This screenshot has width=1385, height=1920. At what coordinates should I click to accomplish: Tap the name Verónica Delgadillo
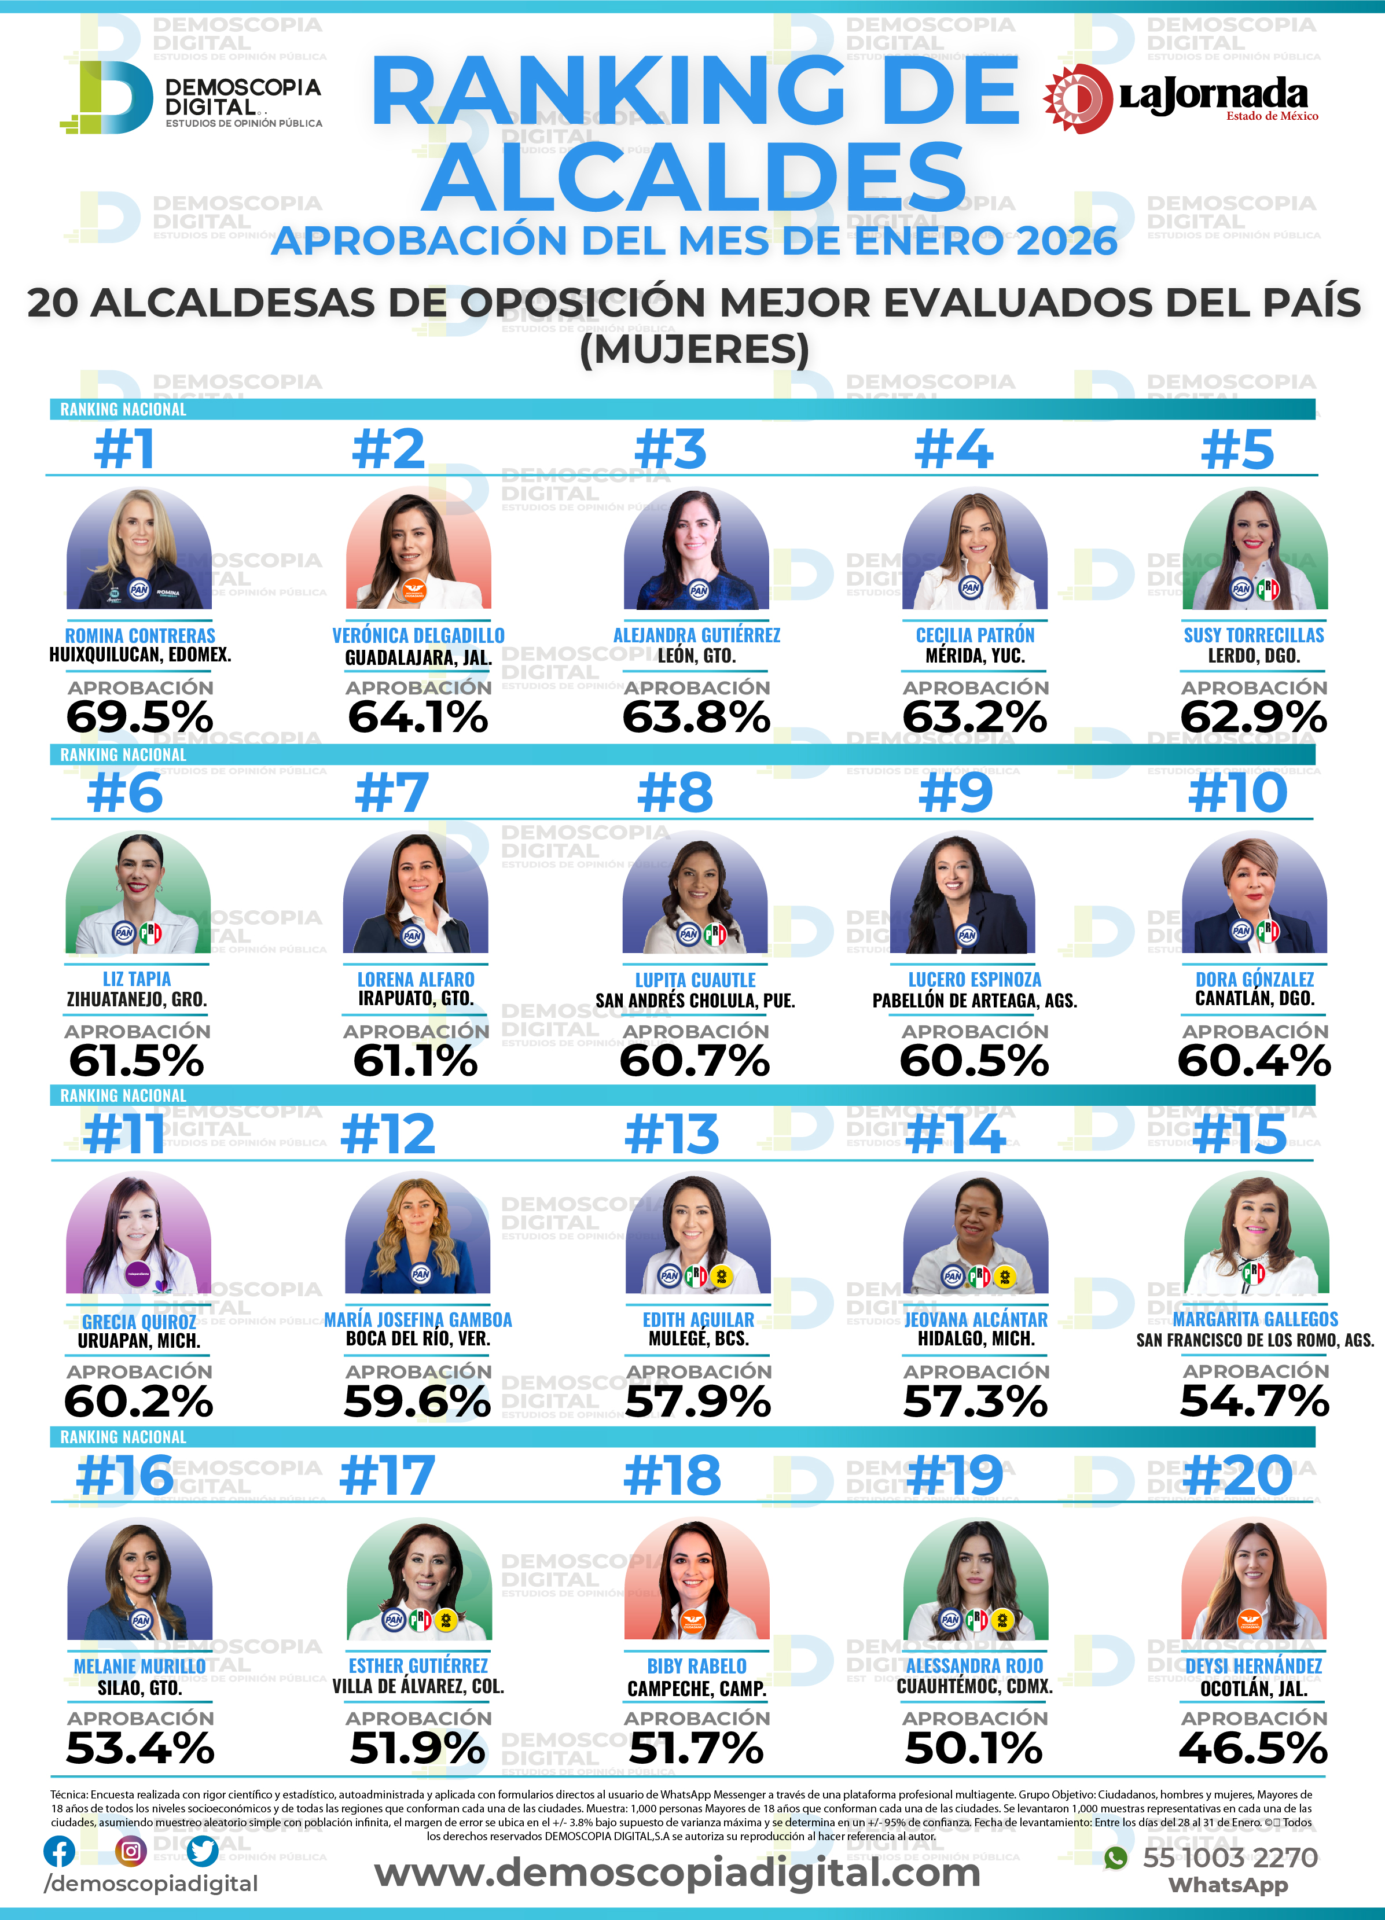tap(418, 635)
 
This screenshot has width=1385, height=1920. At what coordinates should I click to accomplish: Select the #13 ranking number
tap(671, 1134)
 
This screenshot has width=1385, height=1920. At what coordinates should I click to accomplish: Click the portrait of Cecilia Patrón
tap(975, 550)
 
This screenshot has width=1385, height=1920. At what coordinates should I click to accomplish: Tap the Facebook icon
tap(58, 1852)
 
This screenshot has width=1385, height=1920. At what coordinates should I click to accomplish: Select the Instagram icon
tap(130, 1852)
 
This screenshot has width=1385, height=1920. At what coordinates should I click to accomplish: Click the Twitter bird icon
tap(203, 1852)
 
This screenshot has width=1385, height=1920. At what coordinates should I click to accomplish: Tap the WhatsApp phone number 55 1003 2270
tap(1229, 1858)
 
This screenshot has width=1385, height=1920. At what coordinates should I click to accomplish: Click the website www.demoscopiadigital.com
tap(677, 1872)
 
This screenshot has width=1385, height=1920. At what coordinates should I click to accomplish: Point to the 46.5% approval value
tap(1253, 1748)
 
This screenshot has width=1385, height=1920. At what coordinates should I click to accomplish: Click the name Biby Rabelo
tap(697, 1666)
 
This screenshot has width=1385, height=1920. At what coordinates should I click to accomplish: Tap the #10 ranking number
tap(1237, 793)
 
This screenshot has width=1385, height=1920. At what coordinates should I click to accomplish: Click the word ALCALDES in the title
tap(694, 176)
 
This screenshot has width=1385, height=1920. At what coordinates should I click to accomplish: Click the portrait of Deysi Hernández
tap(1253, 1580)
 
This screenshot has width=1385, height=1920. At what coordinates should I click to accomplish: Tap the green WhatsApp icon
tap(1116, 1858)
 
